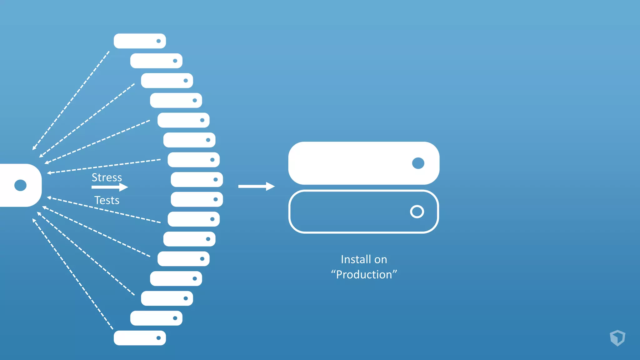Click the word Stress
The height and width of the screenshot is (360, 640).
coord(107,177)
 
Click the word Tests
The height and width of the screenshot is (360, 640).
coord(107,200)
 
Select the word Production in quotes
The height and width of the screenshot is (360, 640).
coord(364,275)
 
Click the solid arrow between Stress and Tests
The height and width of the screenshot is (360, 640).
coord(109,187)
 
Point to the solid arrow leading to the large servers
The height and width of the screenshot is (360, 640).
coord(256,186)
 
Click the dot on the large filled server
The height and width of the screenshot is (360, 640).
coord(418,163)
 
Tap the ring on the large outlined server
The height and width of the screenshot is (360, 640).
coord(417,212)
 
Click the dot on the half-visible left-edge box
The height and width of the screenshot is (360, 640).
coord(21,185)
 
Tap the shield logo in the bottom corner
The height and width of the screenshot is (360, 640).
coord(617,338)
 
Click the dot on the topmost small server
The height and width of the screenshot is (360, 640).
coord(159,41)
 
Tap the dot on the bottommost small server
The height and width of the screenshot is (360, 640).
coord(159,338)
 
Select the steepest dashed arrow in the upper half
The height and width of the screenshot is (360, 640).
coord(71,100)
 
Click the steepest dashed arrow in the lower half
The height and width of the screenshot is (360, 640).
coord(72,274)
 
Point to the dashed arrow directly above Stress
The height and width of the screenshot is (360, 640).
coord(104,166)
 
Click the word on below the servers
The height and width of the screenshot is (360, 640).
coord(381,259)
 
